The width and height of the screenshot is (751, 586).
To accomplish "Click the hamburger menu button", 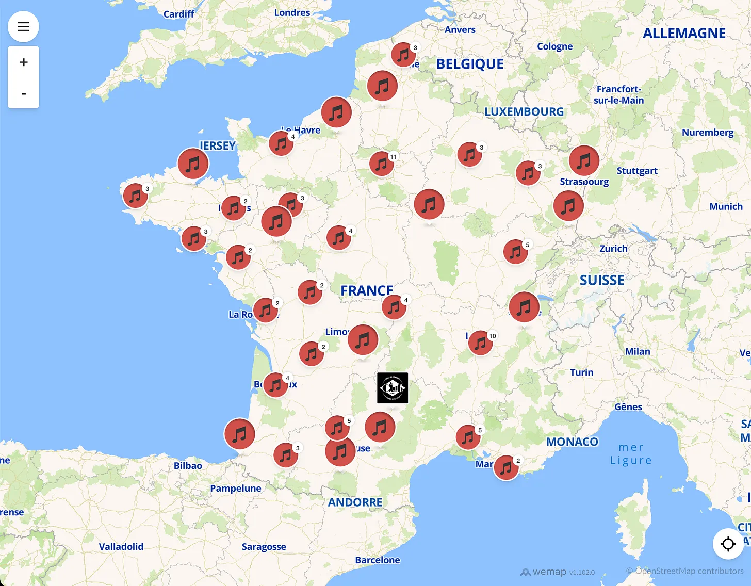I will click(x=23, y=26).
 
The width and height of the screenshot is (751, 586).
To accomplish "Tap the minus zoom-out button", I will click(x=23, y=93).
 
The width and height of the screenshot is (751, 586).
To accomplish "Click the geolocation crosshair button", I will click(x=728, y=544).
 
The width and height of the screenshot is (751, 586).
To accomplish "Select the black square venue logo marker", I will click(x=393, y=388).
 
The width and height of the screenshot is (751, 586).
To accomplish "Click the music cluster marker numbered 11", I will click(x=382, y=164).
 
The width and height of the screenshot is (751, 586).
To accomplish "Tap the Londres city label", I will click(x=292, y=13).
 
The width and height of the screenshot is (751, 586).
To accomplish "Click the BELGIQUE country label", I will click(x=470, y=64).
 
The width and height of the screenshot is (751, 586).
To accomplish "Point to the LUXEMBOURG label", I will click(x=524, y=111).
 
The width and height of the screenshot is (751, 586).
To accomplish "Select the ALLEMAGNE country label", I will click(x=684, y=34).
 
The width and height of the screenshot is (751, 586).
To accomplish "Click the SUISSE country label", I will click(x=602, y=280).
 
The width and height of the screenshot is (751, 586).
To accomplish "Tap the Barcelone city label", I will click(x=378, y=560).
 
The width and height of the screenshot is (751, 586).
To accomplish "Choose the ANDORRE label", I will click(x=355, y=502).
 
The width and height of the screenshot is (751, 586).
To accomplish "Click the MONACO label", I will click(x=572, y=442).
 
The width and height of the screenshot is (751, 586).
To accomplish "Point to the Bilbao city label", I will click(x=188, y=466).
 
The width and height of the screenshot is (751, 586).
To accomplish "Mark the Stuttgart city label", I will click(x=637, y=171).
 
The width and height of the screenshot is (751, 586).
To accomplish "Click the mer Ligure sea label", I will click(x=631, y=454).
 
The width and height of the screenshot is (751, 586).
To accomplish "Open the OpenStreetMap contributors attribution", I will click(x=684, y=571).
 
